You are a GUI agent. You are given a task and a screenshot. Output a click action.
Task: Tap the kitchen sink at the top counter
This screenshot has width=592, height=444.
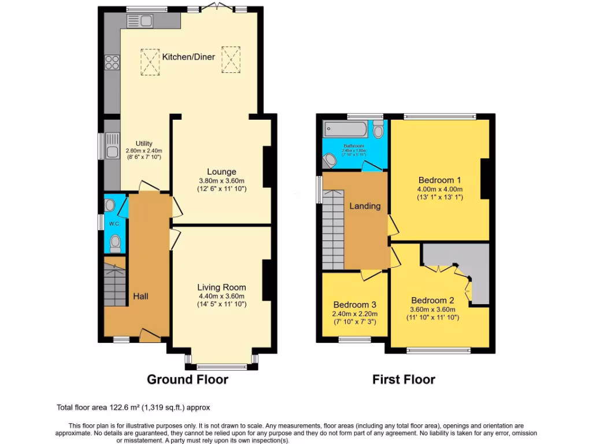tap(143, 21)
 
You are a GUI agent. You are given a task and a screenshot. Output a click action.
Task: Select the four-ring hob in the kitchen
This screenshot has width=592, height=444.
tap(112, 62)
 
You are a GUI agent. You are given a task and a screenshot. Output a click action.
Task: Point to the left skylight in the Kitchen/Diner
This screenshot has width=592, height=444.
tap(150, 61)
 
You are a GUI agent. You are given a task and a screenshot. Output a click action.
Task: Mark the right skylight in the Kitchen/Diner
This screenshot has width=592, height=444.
tap(232, 58)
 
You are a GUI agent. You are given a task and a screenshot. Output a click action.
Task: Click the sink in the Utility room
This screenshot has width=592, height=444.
tap(111, 152)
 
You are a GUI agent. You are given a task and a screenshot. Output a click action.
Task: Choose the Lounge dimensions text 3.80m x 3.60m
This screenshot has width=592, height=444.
tap(222, 180)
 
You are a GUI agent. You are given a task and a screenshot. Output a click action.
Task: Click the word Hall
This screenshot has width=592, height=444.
tap(140, 296)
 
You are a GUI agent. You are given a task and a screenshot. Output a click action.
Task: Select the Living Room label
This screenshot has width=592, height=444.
tap(221, 287)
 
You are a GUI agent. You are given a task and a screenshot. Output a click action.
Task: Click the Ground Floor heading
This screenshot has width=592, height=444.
tap(187, 380)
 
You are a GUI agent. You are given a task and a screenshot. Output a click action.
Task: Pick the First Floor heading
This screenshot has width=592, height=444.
tap(404, 380)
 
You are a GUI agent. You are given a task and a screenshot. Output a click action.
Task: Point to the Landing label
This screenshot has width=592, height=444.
tap(364, 206)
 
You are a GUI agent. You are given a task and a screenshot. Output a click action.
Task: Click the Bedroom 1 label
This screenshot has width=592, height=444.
tap(439, 180)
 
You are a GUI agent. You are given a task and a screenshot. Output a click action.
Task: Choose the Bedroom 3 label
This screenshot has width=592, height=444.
tap(354, 305)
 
